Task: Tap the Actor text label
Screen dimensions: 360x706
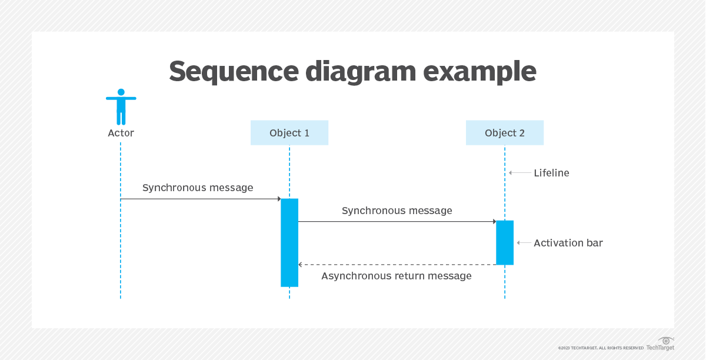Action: [x=121, y=134]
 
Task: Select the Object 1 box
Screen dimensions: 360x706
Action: [x=289, y=133]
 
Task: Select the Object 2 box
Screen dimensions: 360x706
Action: [x=504, y=133]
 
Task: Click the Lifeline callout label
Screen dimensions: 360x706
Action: [x=551, y=173]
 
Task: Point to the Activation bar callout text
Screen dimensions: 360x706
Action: [x=568, y=243]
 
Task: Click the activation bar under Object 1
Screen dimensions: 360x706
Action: [x=289, y=242]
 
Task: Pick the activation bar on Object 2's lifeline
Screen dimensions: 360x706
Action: [x=504, y=242]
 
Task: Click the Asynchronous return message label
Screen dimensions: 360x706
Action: [x=396, y=276]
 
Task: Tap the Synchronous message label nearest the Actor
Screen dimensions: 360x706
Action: [x=198, y=188]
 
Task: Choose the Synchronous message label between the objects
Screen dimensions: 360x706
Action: [x=397, y=211]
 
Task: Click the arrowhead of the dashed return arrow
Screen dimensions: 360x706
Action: [x=301, y=265]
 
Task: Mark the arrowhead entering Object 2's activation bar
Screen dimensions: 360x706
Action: [x=494, y=222]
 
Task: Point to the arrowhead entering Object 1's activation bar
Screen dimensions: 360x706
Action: [x=278, y=199]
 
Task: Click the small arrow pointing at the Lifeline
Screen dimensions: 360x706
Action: [x=511, y=173]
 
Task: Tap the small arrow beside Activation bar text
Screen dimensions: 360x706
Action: [x=519, y=243]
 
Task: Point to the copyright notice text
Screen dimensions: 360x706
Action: [x=601, y=348]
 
